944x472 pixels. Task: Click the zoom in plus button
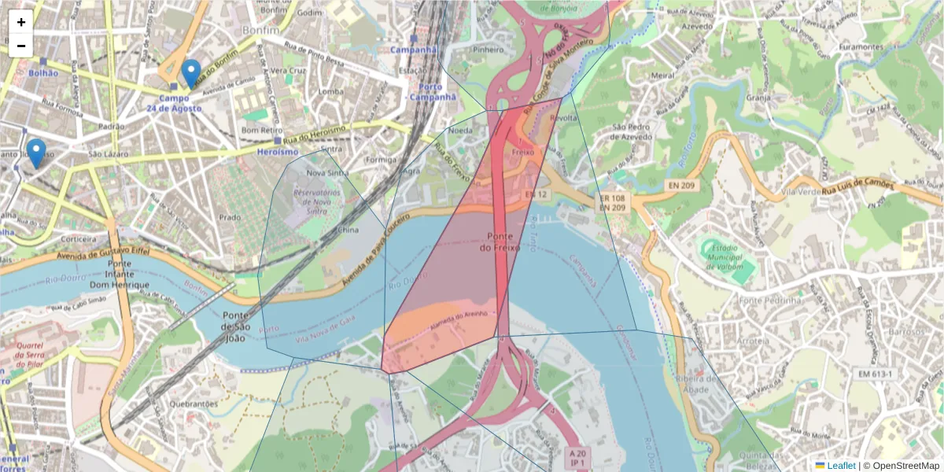click(21, 22)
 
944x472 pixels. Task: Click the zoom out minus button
click(21, 46)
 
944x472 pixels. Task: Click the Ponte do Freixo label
click(506, 242)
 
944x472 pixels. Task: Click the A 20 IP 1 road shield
click(577, 458)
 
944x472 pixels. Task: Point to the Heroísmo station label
click(278, 151)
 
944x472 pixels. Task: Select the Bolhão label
click(43, 72)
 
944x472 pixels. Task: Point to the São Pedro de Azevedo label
click(632, 131)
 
